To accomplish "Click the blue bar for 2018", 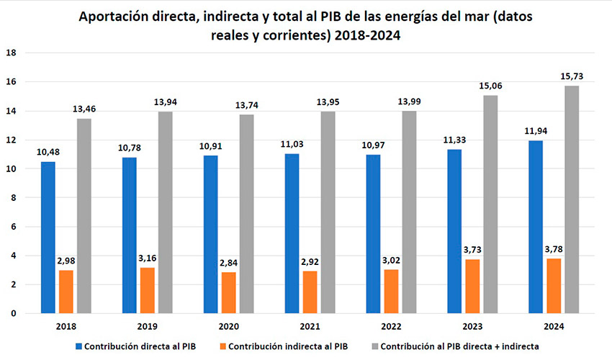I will (x=48, y=238).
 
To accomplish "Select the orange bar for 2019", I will (x=147, y=290).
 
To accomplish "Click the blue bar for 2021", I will (x=292, y=233).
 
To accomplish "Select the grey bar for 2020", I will (x=246, y=214).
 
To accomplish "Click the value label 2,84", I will (x=228, y=262).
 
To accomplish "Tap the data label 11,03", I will (x=292, y=144).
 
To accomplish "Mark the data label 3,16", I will (x=147, y=258).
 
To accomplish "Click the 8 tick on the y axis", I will (x=12, y=198).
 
